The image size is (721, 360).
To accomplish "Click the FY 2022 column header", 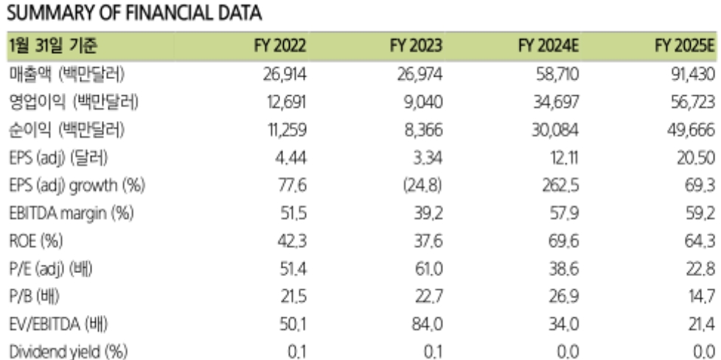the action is point(280,46).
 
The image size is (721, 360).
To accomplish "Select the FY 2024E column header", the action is point(548,46).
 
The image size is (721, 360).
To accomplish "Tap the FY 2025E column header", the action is point(686,46).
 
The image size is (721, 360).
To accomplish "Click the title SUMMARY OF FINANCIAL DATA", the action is point(134,13).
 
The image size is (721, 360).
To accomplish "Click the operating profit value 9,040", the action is point(423,102).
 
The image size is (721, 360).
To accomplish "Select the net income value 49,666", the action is point(691,130).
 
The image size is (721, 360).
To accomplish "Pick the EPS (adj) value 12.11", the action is point(564,158).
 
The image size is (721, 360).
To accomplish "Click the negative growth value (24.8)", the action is point(422,185).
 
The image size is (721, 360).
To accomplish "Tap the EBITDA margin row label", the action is point(72,214).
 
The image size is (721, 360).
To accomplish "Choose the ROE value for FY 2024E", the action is point(563,240).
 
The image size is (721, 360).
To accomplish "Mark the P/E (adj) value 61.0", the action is point(428,269).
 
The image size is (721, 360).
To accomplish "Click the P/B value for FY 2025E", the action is point(701,297).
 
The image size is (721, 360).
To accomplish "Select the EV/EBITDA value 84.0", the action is point(428,324).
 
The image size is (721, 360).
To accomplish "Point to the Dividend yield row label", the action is point(68,352).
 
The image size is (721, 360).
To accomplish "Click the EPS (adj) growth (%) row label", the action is point(77,185).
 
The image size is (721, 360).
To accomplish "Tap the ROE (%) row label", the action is point(36,241).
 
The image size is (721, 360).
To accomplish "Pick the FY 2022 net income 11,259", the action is point(286,130).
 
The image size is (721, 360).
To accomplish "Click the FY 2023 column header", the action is point(416,46).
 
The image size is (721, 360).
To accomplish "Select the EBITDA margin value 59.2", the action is point(701,214).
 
